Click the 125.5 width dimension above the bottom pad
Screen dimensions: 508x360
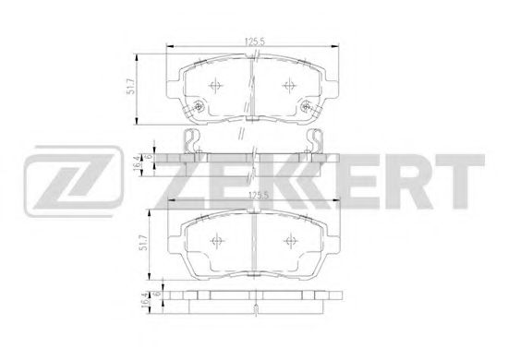point(259,195)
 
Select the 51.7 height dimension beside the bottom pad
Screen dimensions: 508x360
point(144,243)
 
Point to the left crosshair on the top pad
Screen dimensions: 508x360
point(215,86)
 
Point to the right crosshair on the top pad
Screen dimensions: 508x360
point(289,86)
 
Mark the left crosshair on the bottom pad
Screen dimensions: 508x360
point(217,241)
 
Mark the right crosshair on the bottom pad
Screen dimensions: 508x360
point(290,241)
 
